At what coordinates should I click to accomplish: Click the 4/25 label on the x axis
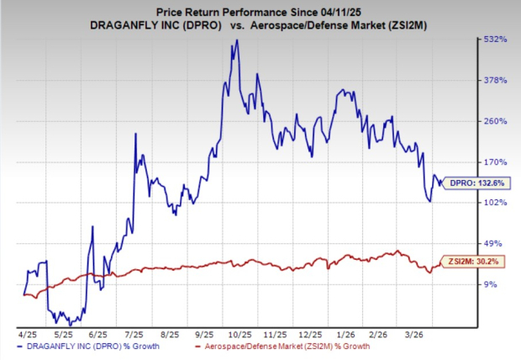pyautogui.click(x=27, y=333)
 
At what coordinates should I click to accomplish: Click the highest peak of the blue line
pyautogui.click(x=236, y=40)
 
